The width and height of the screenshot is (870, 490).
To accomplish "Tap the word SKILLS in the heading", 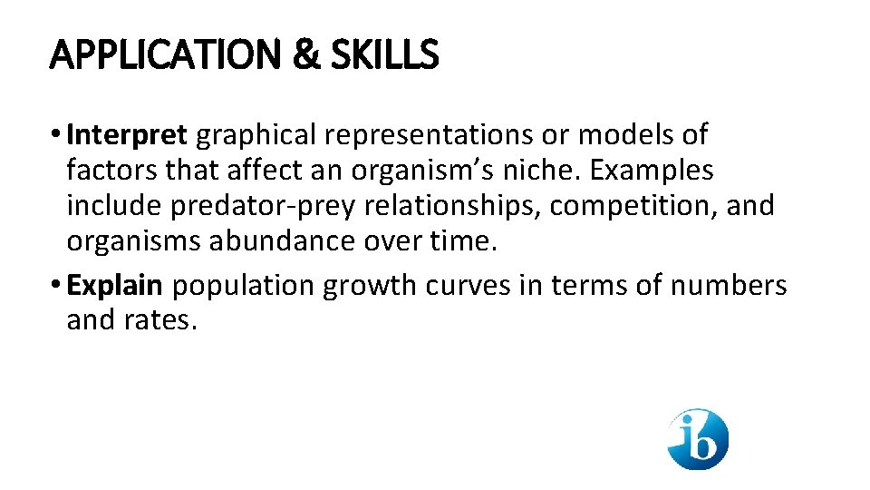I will (384, 55).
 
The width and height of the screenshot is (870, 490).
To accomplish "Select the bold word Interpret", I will (127, 135).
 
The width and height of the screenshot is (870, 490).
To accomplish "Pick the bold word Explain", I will (115, 285).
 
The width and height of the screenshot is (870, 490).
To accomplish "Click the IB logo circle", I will (698, 439).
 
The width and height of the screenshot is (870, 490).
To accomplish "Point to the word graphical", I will (257, 136).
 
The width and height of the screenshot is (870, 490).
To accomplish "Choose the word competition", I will (633, 206).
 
